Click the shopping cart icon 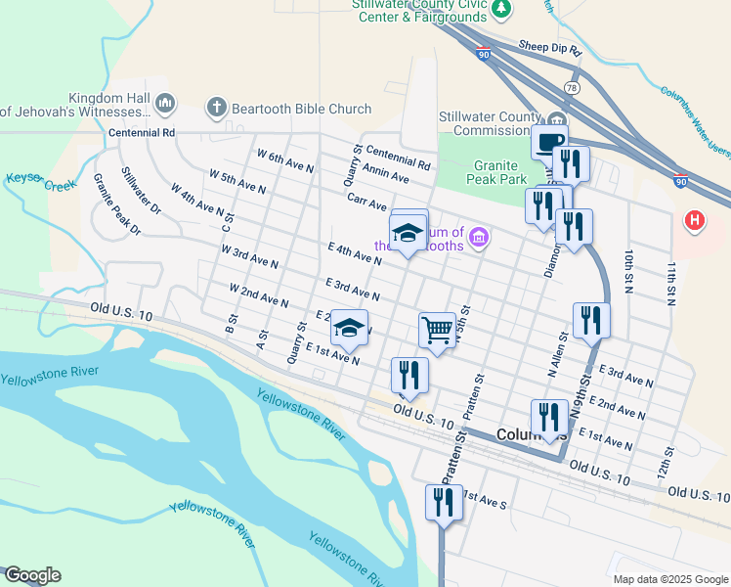(x=437, y=330)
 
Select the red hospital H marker (x=695, y=221)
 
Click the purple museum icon (x=479, y=237)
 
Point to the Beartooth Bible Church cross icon (x=217, y=106)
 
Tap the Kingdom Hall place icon (x=164, y=103)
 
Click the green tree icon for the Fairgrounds (x=501, y=9)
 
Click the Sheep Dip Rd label (x=550, y=47)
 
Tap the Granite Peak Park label (x=487, y=173)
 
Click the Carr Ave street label (x=367, y=199)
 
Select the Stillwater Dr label (x=141, y=191)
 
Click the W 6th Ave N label (x=285, y=161)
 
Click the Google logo (x=32, y=575)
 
